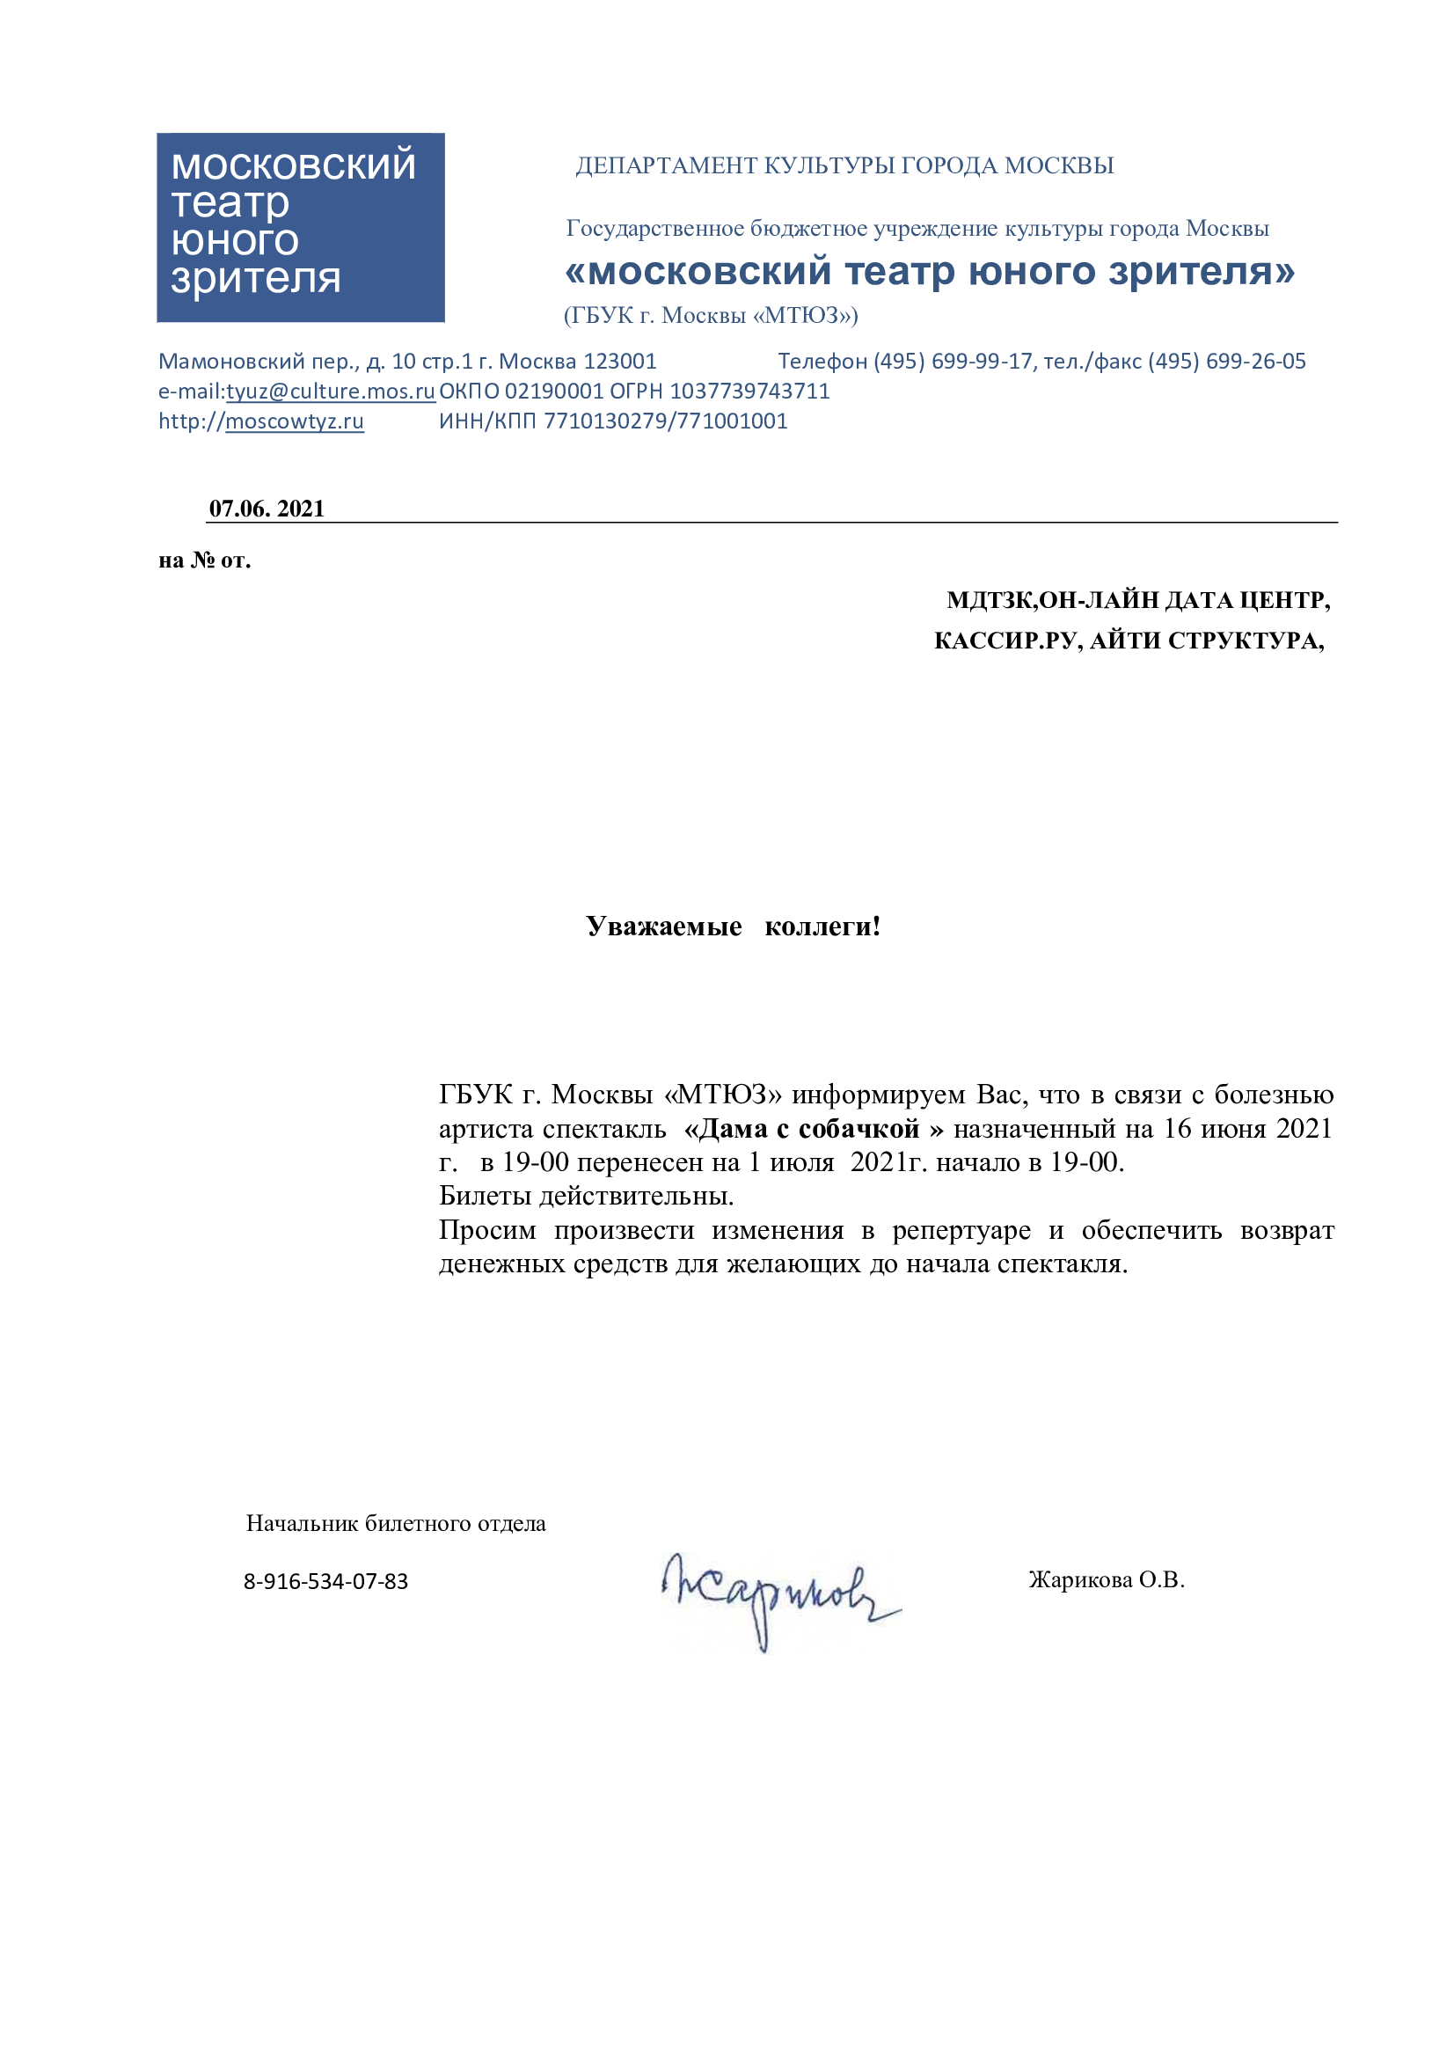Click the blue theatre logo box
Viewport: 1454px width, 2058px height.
pos(300,228)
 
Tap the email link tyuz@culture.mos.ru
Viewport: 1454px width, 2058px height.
pos(330,391)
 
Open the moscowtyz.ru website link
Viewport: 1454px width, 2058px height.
pos(294,421)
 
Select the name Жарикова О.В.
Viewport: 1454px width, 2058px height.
pos(1106,1579)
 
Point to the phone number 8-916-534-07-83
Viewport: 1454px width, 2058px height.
pos(325,1581)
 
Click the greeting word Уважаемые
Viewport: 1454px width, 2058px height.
pos(664,926)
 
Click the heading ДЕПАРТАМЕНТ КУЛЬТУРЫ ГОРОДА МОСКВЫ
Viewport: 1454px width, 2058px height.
pos(844,165)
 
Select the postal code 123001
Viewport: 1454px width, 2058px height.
pos(620,362)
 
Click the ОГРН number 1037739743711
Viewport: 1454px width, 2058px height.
pos(749,391)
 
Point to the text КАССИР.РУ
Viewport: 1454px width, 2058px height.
pos(1007,641)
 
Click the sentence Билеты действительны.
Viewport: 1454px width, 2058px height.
pos(586,1196)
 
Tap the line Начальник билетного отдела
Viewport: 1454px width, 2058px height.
pos(395,1523)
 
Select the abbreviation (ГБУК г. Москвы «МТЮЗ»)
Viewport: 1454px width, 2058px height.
pos(711,315)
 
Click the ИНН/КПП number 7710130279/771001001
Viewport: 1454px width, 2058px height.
pos(666,421)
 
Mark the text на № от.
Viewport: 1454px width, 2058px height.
pos(204,560)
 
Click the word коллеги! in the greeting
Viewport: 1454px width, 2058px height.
pos(822,926)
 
